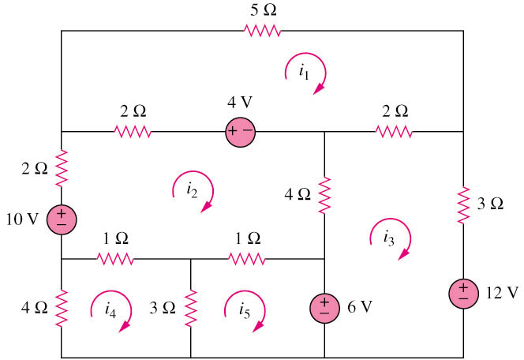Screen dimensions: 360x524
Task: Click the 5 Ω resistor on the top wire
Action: (x=263, y=30)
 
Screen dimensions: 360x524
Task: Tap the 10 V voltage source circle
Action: (x=62, y=218)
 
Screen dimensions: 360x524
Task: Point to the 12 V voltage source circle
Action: (x=463, y=294)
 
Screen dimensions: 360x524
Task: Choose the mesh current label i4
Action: (x=110, y=311)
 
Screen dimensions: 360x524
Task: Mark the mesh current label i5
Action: (x=245, y=311)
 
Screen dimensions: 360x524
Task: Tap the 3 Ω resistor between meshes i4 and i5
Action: (x=191, y=308)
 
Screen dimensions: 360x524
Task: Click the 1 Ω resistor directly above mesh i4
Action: (x=114, y=257)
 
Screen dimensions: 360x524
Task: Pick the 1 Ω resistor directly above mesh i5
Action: (x=247, y=257)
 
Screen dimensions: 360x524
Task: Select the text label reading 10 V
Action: (x=24, y=218)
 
